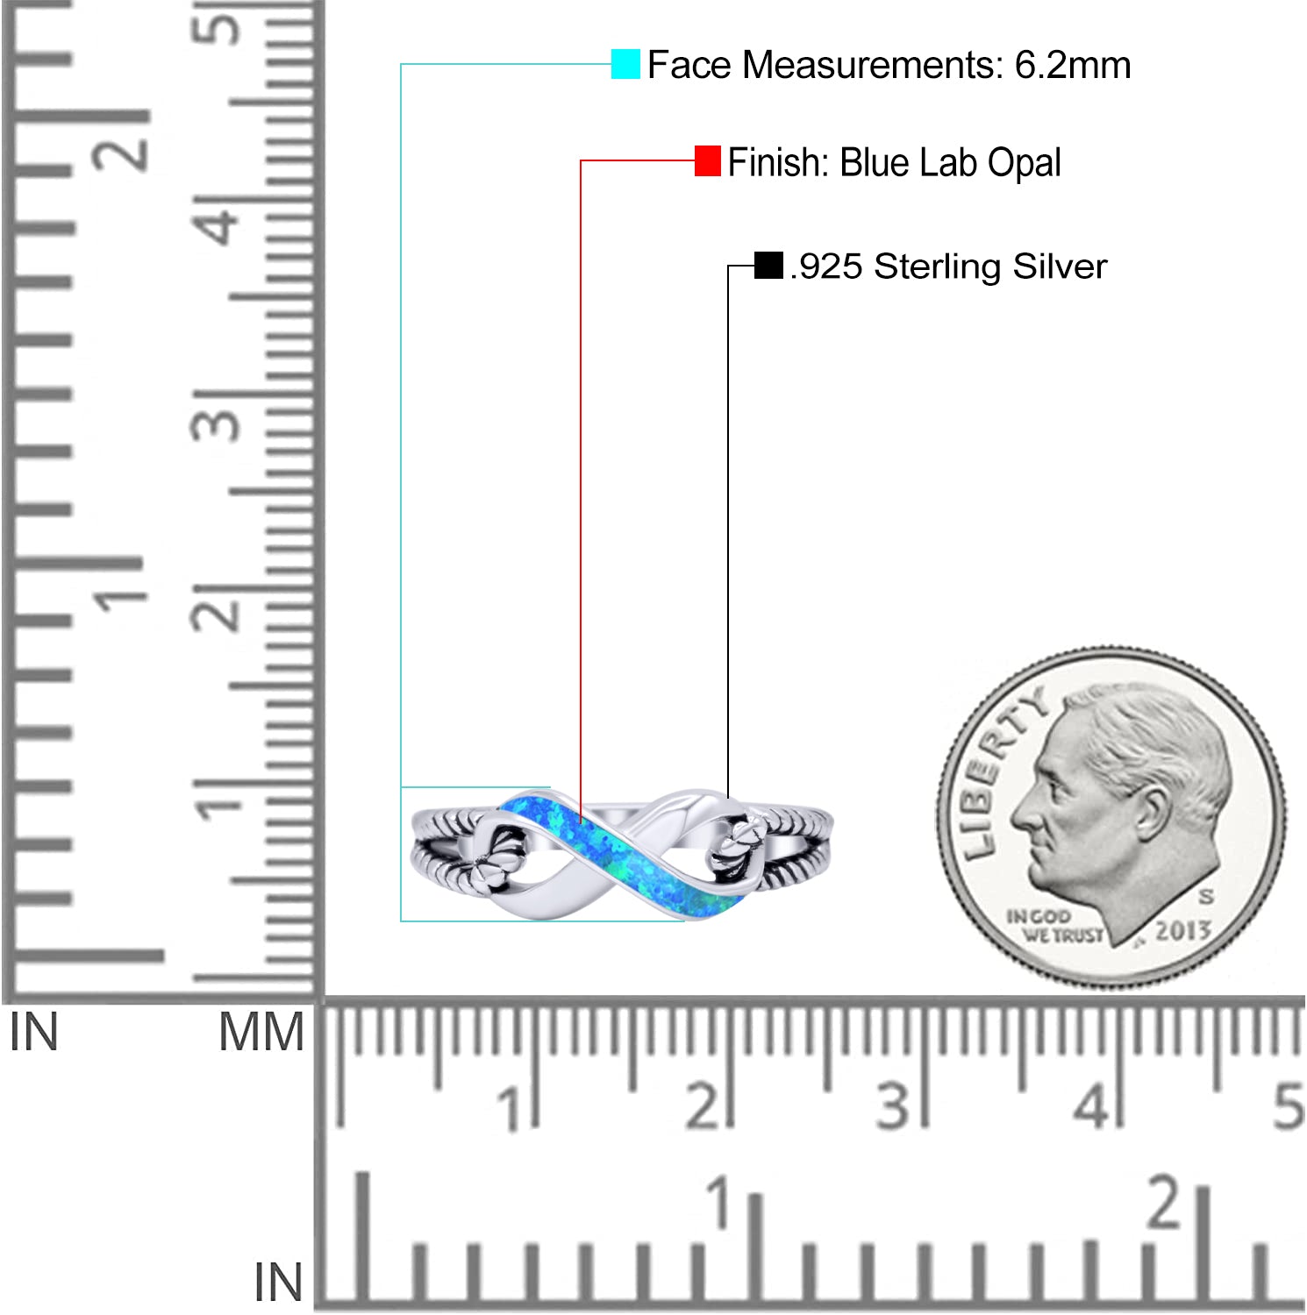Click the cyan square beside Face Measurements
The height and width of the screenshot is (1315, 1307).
(625, 64)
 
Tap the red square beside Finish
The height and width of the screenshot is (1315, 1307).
(708, 161)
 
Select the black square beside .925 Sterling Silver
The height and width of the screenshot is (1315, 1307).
(768, 266)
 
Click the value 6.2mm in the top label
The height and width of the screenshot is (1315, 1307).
(1073, 65)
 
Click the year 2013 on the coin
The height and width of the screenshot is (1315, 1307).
(1182, 930)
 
